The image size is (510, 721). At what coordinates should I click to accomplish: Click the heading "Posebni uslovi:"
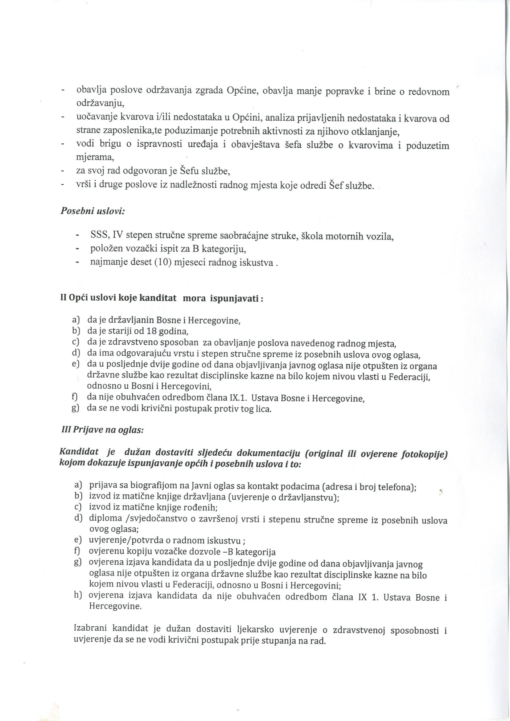click(x=93, y=211)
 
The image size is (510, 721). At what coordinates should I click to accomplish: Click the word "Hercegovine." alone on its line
click(x=116, y=606)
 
